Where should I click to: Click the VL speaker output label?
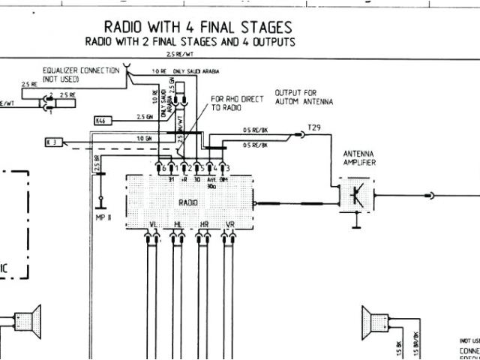point(154,225)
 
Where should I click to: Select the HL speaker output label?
point(178,225)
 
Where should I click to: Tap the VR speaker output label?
point(229,225)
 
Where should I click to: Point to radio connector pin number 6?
point(162,169)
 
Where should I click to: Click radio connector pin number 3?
point(226,169)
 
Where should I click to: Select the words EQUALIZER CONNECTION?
point(80,70)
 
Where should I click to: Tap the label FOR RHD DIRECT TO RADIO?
point(232,103)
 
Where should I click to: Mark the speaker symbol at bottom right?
point(376,321)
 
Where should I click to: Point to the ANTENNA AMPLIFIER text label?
point(358,157)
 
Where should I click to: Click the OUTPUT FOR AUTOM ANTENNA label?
point(304,96)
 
